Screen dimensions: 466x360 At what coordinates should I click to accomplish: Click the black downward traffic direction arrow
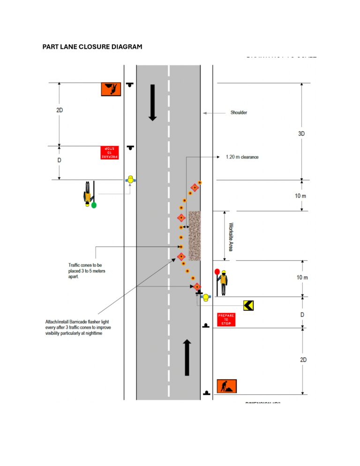(152, 102)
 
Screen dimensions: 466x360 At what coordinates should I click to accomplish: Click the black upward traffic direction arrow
(187, 358)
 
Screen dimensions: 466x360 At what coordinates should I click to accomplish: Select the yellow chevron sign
(248, 305)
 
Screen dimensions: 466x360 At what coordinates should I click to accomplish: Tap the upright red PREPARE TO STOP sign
(226, 320)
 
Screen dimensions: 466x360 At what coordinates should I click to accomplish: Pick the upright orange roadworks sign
(227, 386)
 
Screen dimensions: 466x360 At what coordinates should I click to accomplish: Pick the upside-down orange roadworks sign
(111, 89)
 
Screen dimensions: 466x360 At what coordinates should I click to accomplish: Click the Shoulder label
(239, 113)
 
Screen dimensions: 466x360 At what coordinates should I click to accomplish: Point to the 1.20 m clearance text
(242, 157)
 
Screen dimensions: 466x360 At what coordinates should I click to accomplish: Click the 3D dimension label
(302, 134)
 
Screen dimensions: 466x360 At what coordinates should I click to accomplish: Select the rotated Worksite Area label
(230, 236)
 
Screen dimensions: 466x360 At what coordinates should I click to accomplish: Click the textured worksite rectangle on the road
(195, 236)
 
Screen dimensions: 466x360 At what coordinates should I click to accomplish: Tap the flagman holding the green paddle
(88, 193)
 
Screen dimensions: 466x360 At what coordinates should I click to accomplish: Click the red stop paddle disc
(217, 271)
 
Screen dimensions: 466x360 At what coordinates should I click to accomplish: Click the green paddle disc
(94, 205)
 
